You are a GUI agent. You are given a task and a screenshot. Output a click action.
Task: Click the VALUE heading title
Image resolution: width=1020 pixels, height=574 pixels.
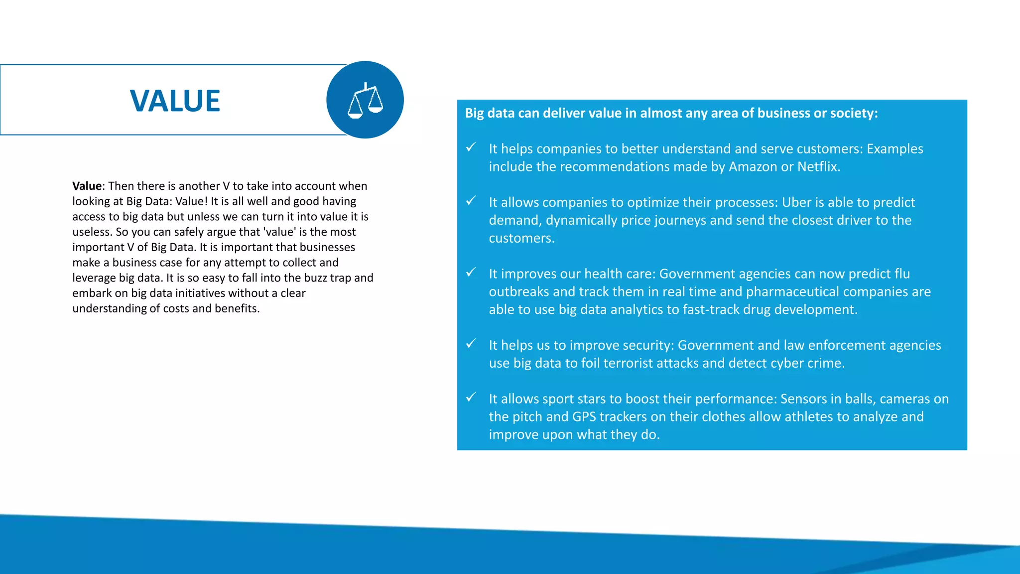point(175,101)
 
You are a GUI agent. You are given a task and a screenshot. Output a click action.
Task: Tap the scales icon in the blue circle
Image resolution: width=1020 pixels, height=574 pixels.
point(365,100)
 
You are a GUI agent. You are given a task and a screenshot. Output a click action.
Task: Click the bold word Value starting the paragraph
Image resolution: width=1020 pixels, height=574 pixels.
point(87,186)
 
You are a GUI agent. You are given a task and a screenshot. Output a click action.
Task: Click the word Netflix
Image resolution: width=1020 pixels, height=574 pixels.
point(818,166)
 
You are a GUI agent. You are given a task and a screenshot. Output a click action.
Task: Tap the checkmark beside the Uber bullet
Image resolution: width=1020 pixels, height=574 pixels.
point(471,200)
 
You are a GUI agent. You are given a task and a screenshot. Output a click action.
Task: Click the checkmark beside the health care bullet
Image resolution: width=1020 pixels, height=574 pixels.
point(471,272)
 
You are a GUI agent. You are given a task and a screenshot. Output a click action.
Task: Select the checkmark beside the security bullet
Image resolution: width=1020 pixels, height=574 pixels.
point(471,343)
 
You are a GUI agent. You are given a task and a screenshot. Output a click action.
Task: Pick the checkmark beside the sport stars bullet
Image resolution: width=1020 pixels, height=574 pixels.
point(471,397)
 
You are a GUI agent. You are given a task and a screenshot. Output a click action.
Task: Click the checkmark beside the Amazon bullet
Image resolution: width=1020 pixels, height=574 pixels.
point(471,147)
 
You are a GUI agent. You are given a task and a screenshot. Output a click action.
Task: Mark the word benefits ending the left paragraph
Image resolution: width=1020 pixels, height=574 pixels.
point(237,308)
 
